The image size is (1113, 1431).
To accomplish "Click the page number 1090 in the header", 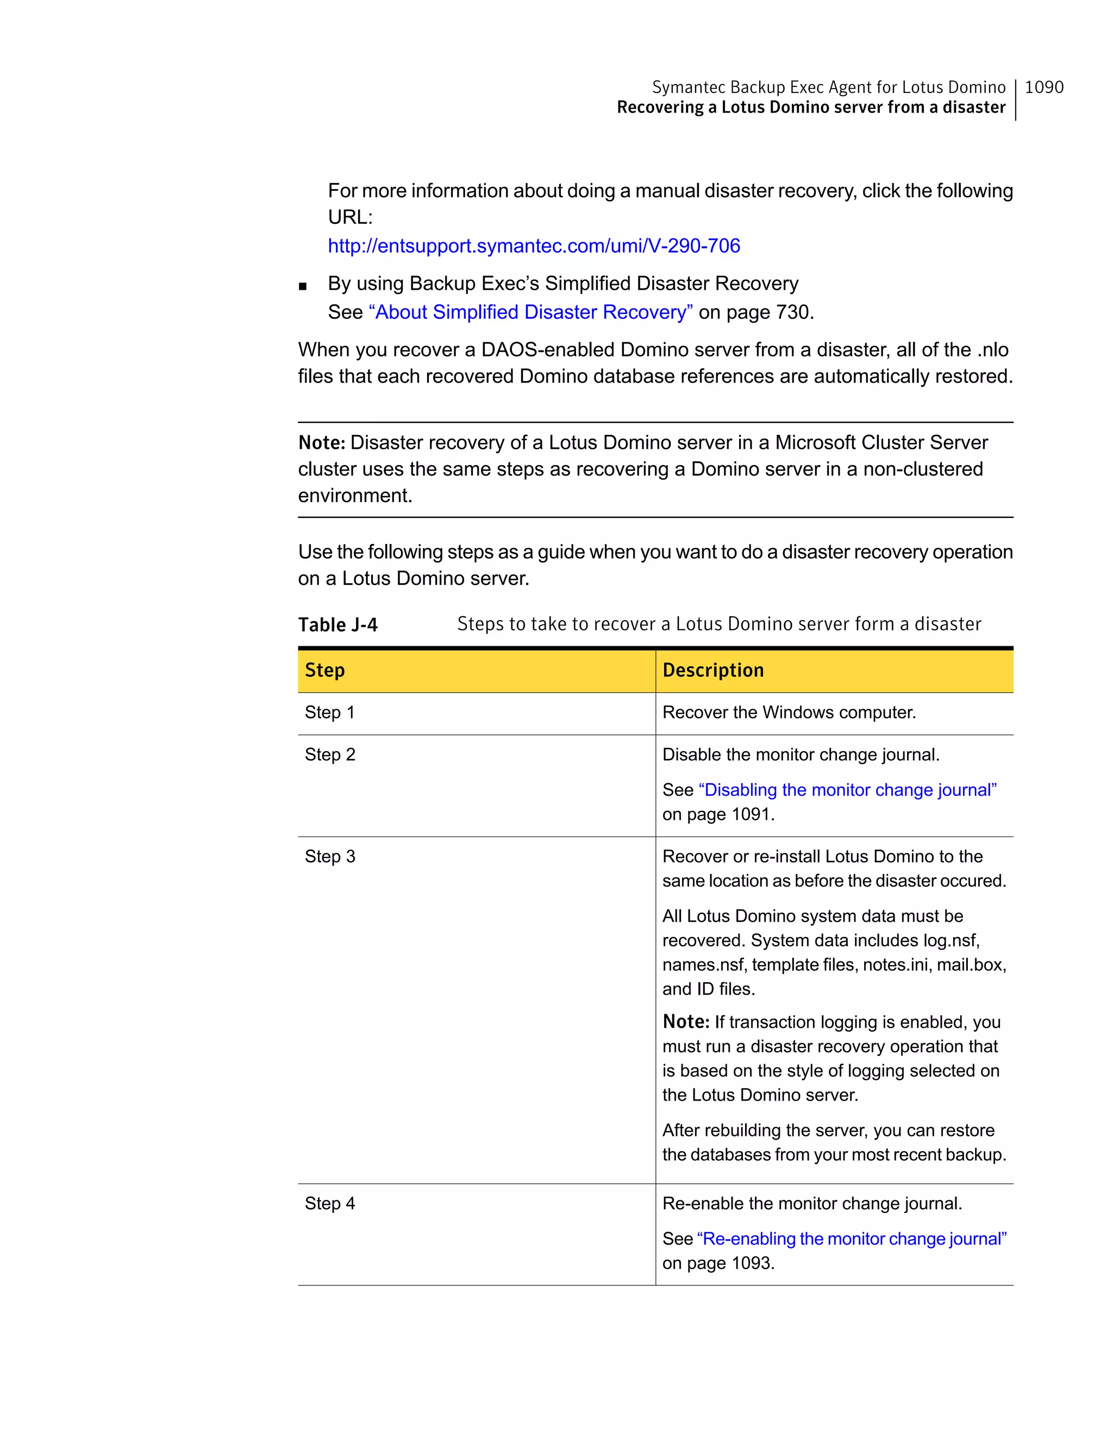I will point(1043,87).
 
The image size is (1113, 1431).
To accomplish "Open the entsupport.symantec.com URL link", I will point(533,246).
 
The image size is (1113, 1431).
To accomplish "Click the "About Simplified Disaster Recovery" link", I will point(530,312).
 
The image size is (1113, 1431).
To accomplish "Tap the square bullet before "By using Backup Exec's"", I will point(302,286).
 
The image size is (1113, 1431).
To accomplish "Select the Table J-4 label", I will point(337,624).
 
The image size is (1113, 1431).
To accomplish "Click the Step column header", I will point(325,670).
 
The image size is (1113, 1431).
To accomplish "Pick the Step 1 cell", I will point(329,712).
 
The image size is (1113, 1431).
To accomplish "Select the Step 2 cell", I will point(329,754).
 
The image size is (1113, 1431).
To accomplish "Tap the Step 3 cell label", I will point(329,857).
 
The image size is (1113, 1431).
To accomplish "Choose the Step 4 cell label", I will point(329,1203).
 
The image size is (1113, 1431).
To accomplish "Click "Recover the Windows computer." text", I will point(789,712).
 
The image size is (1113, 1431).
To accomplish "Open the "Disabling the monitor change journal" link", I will point(848,790).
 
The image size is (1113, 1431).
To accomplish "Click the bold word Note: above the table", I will point(321,443).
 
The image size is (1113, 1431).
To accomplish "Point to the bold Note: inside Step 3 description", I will point(685,1022).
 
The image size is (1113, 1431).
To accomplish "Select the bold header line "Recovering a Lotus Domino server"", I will point(810,108).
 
